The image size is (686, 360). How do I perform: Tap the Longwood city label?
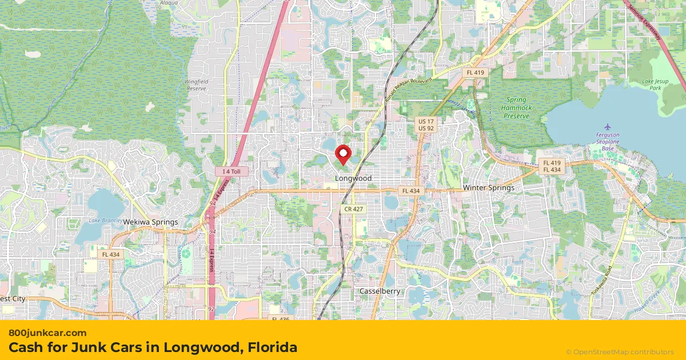353,178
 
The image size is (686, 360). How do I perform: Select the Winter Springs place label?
488,187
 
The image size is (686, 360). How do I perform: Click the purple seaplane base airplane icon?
607,126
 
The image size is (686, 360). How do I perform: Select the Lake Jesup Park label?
655,85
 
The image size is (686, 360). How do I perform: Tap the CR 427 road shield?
354,210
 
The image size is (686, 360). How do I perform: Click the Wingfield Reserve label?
196,85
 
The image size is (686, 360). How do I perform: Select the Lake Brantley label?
105,221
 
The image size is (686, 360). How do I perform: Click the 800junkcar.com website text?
47,333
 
